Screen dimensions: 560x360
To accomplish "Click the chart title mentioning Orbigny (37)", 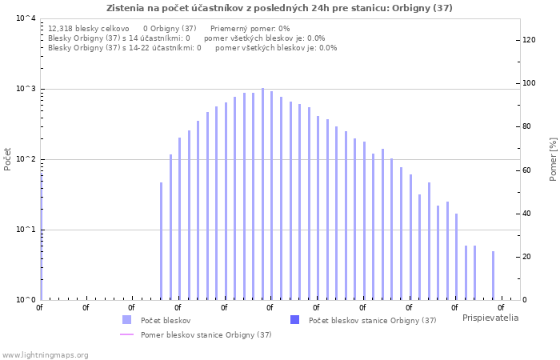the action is point(279,8).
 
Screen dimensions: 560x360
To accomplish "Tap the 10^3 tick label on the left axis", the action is point(26,89).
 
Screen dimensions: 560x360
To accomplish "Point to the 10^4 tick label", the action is point(26,18).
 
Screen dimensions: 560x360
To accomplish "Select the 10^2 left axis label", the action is point(26,159).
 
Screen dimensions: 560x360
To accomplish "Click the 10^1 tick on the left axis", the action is point(26,230).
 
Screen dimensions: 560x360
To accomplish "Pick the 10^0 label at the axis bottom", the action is point(26,300).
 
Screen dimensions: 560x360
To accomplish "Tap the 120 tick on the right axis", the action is point(529,40).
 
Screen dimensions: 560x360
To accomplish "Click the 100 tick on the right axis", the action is point(529,83).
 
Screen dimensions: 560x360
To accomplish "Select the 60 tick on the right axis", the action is point(526,170).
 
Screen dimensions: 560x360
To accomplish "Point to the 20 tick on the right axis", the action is point(526,257).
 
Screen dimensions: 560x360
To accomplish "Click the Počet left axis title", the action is point(7,159).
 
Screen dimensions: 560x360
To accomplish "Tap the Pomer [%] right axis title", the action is point(553,159).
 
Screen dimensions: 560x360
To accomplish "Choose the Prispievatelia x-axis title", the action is point(490,318).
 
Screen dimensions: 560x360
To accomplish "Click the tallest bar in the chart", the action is point(263,194).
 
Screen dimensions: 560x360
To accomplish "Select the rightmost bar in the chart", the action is point(494,275).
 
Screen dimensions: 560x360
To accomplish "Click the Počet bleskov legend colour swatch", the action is point(126,320).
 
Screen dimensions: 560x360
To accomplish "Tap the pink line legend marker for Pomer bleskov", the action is point(126,334).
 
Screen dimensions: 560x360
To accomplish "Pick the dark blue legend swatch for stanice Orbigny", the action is point(294,320).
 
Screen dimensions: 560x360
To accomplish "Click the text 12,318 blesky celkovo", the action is point(89,29).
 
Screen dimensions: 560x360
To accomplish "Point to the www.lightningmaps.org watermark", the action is point(45,355).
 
